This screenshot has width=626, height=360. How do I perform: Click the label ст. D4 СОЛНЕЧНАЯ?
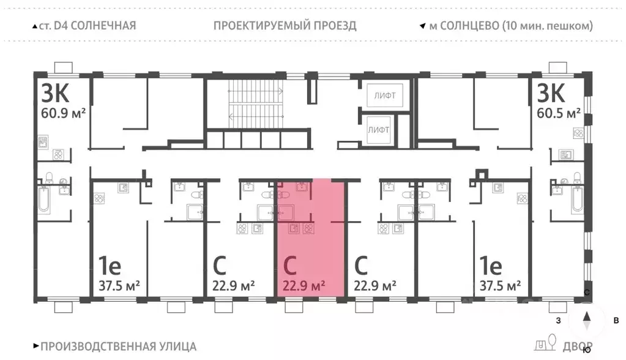tap(89, 26)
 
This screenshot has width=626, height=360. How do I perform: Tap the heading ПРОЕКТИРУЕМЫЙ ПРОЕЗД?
tap(285, 26)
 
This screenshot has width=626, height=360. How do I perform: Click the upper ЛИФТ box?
tap(385, 96)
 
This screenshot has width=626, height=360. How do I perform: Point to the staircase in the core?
tap(256, 103)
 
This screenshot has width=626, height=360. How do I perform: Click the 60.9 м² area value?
tap(62, 113)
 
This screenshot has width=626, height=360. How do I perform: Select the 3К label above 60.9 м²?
tap(55, 93)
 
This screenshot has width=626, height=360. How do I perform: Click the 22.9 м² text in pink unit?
tap(304, 285)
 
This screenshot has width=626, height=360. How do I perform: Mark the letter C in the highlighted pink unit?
tap(291, 266)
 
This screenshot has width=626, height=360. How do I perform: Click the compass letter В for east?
tap(616, 320)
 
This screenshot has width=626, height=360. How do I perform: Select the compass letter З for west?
tap(557, 320)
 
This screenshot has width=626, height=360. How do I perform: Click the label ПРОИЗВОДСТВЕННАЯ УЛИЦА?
tap(118, 346)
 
